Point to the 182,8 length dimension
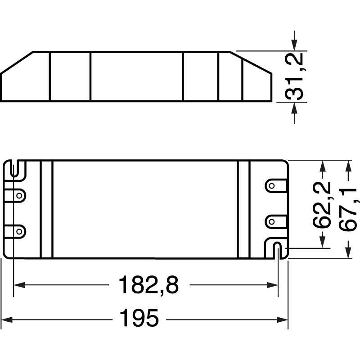click(148, 285)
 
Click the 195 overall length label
click(139, 319)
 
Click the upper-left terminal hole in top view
click(19, 196)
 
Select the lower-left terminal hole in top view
click(19, 231)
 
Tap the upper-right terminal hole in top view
click(272, 186)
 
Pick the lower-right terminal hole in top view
click(272, 221)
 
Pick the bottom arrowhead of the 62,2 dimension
click(322, 242)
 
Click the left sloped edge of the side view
click(17, 63)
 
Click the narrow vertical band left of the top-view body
click(47, 209)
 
